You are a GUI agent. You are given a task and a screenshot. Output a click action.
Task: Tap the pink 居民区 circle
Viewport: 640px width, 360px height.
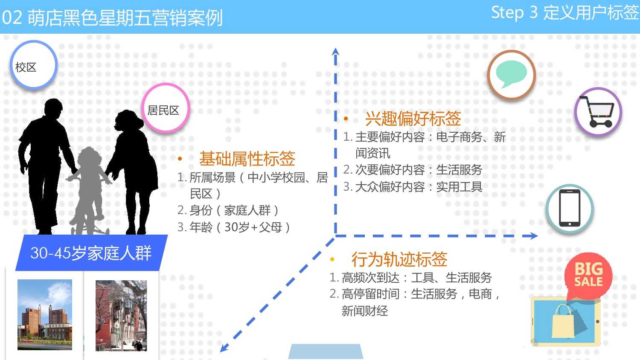(166, 108)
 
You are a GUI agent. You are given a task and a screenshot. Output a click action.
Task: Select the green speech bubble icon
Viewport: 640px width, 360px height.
(511, 74)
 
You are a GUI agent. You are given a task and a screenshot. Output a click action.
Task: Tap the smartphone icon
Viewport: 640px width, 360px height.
(570, 208)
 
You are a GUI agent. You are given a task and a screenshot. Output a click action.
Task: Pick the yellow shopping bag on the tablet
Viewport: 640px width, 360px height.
(563, 321)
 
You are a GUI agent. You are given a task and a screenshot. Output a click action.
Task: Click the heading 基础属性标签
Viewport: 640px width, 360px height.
(247, 159)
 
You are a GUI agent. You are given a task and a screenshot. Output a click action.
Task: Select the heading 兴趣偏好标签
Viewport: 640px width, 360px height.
(413, 119)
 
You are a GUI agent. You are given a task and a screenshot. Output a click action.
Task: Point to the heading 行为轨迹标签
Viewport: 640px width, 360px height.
(399, 259)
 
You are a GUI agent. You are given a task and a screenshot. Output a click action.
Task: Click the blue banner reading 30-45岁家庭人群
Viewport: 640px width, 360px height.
(91, 253)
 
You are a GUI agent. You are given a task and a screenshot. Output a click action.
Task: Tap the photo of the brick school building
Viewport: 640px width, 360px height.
(45, 314)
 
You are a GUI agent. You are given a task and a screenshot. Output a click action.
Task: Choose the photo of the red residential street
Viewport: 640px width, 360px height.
(121, 316)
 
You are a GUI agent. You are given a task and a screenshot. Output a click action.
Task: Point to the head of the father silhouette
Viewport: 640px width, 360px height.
(53, 107)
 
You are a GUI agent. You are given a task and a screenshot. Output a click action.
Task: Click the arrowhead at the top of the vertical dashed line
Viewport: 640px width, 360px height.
(336, 52)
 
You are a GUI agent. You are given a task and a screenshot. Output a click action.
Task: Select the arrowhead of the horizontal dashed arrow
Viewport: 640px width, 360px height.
(533, 236)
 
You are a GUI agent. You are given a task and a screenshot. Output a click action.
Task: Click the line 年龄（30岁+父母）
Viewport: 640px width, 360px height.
(234, 227)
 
